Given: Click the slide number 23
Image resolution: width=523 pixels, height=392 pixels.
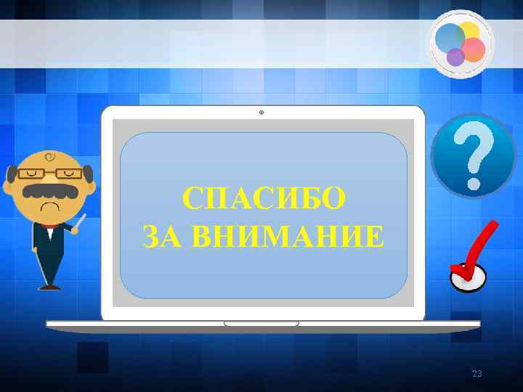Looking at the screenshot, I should [477, 374].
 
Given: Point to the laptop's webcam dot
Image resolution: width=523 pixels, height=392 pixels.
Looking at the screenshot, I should [261, 113].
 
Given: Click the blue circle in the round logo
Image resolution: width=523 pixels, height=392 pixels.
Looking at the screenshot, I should [449, 38].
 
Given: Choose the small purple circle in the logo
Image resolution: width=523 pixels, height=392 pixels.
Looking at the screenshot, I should [455, 57].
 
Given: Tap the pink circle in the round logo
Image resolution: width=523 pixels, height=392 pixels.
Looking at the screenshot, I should [473, 49].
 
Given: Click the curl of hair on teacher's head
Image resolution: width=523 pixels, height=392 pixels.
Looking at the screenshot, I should [49, 156].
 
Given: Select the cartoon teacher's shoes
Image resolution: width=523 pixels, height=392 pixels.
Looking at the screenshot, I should [49, 287].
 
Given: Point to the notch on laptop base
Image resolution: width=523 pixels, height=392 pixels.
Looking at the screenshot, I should [262, 323].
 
